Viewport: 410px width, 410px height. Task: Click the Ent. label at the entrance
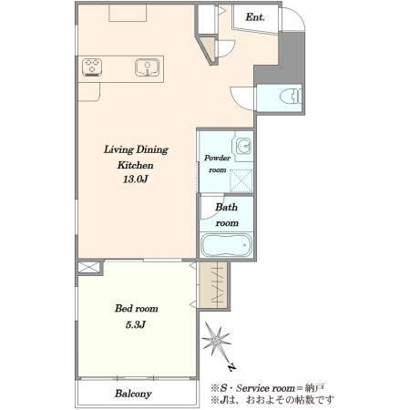[255, 17]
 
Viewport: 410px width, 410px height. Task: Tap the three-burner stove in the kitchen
[92, 67]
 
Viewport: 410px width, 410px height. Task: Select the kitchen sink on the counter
[148, 67]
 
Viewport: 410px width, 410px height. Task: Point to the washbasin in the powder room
[243, 146]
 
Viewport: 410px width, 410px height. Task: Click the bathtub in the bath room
[227, 245]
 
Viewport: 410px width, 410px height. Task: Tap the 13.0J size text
[136, 179]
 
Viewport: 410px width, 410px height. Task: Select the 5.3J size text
[136, 325]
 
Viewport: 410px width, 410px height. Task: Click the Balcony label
[133, 394]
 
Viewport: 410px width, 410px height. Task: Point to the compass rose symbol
[216, 340]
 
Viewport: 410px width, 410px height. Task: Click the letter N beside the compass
[232, 367]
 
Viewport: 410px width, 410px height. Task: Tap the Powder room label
[217, 164]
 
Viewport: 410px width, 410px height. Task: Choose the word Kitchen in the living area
[136, 165]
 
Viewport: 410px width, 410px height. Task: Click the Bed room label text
[137, 309]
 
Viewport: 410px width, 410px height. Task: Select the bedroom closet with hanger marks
[213, 285]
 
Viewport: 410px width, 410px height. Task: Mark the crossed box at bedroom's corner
[88, 267]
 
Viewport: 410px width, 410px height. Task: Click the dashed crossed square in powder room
[241, 180]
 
